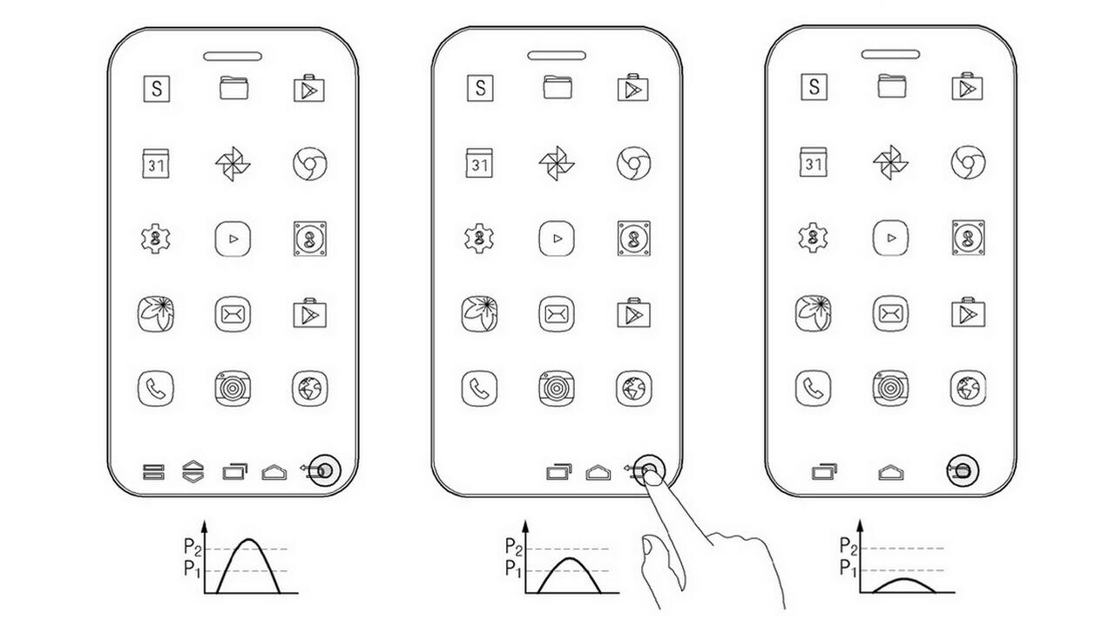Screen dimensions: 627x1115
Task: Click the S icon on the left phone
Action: click(x=157, y=88)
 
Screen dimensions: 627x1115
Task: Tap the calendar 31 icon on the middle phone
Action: click(x=479, y=164)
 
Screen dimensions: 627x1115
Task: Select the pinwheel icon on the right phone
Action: click(x=889, y=163)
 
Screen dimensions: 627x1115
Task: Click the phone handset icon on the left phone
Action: click(x=156, y=388)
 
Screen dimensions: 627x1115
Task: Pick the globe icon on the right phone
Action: click(x=968, y=388)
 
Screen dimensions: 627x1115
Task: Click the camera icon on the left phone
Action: click(x=233, y=388)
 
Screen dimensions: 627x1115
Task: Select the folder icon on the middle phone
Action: click(x=557, y=87)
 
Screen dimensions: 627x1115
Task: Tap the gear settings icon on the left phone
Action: click(x=156, y=238)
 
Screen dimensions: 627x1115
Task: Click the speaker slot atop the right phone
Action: click(x=890, y=54)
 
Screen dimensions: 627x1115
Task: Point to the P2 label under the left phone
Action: click(x=191, y=547)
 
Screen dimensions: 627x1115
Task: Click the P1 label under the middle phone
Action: click(x=513, y=570)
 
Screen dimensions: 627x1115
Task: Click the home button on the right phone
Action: click(x=890, y=472)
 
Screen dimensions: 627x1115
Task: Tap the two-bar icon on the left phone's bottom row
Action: click(x=154, y=473)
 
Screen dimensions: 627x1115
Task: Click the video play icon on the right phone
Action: click(x=890, y=238)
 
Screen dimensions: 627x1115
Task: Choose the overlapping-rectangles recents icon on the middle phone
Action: click(x=558, y=472)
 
